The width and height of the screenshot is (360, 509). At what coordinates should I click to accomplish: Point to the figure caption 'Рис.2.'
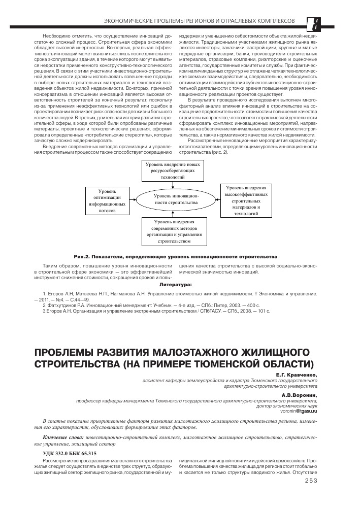point(82,257)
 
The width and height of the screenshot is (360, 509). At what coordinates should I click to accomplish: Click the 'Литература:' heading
point(175,285)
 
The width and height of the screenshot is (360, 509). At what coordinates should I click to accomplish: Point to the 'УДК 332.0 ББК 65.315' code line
point(70,453)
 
